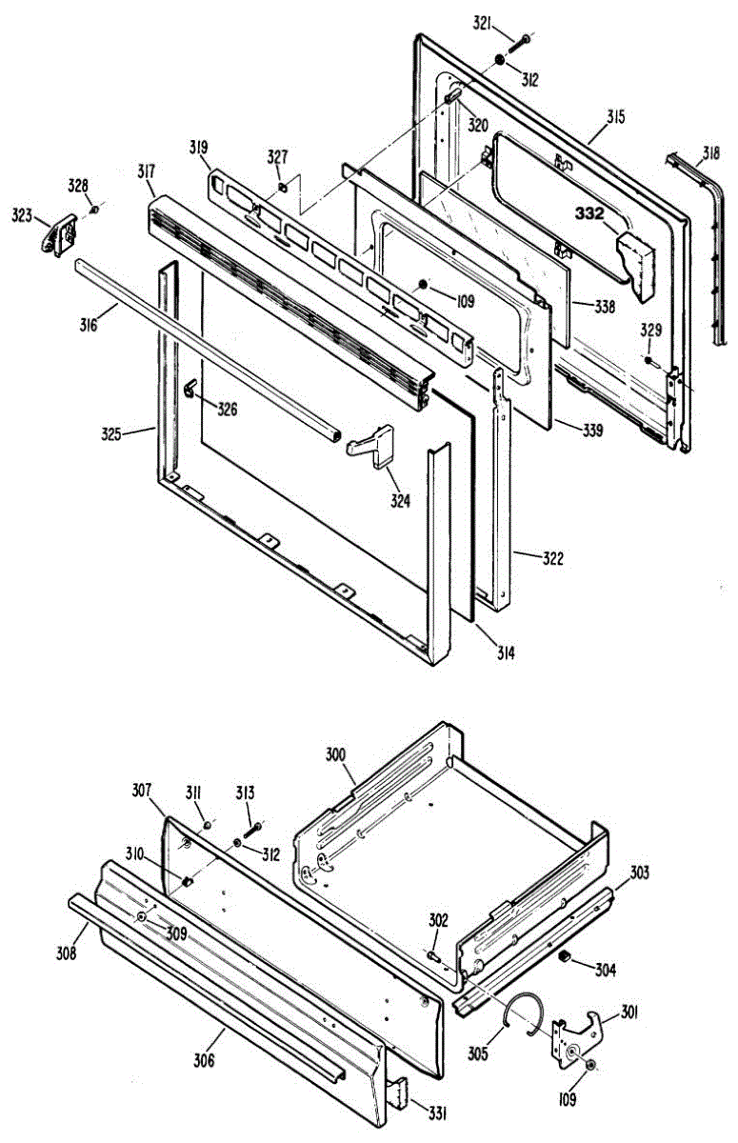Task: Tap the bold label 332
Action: (x=588, y=214)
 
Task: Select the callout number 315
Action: (x=615, y=117)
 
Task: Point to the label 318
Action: (x=711, y=151)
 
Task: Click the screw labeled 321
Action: (x=523, y=40)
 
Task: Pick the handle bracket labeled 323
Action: (x=61, y=231)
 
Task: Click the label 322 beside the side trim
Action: (x=552, y=558)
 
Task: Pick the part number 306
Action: (x=202, y=1059)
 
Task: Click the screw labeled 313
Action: (x=252, y=830)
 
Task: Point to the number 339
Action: (x=592, y=431)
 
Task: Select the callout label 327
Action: (x=277, y=156)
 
